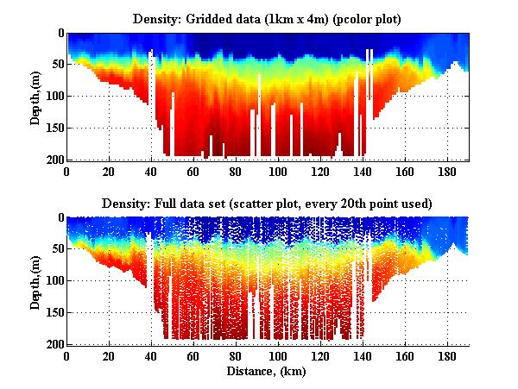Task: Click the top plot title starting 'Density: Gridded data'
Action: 267,18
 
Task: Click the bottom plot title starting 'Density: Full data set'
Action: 267,203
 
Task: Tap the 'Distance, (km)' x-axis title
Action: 267,371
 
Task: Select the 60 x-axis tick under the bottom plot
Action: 193,356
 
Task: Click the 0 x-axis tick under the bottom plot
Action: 66,356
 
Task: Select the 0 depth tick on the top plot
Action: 60,34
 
